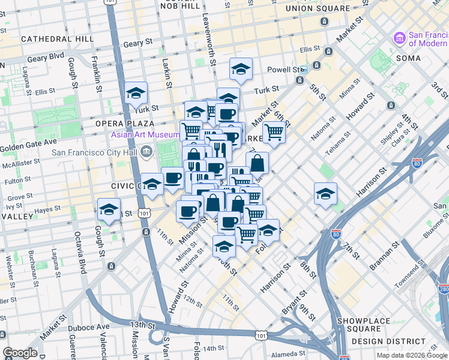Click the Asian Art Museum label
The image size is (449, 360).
[142, 134]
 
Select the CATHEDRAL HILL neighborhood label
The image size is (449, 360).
[57, 38]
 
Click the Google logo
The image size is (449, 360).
[20, 353]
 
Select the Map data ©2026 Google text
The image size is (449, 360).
[411, 355]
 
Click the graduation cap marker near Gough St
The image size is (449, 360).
[109, 211]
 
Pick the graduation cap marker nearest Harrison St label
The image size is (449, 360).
[325, 194]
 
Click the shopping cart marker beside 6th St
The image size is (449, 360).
[274, 132]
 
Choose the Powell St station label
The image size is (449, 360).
[283, 70]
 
